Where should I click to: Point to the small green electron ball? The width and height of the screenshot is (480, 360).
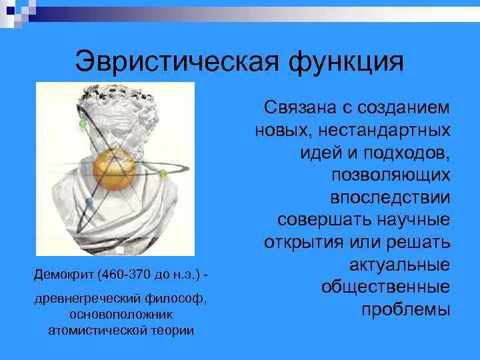(83, 124)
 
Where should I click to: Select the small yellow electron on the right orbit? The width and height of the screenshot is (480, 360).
(162, 174)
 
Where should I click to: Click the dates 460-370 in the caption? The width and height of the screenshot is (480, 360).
(127, 275)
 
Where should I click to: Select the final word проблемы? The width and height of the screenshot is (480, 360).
(405, 311)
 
